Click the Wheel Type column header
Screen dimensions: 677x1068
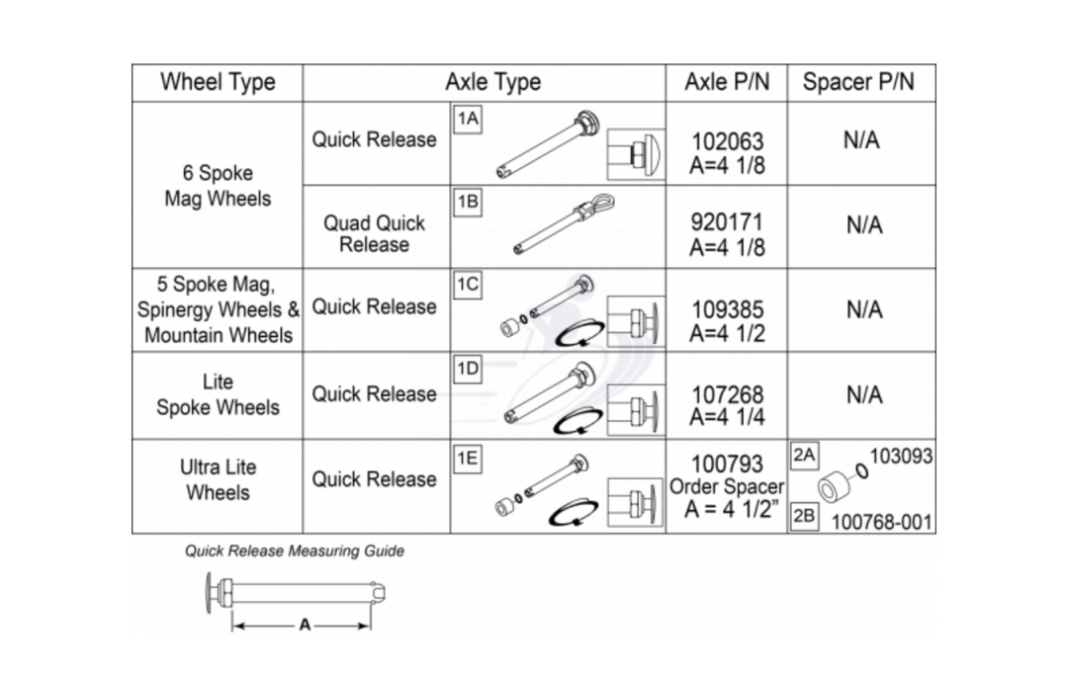click(218, 82)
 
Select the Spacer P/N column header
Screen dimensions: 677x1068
click(858, 82)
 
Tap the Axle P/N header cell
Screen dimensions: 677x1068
click(726, 82)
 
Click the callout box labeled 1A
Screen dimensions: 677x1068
click(467, 119)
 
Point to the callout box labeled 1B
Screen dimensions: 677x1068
click(467, 202)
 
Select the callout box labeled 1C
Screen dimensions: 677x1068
click(467, 285)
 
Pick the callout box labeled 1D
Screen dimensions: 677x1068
click(467, 370)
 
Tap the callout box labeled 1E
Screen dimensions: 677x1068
click(467, 457)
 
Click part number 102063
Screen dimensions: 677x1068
click(727, 142)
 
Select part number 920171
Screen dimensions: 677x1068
click(727, 222)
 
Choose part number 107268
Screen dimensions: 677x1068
click(727, 395)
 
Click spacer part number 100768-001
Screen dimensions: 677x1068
click(881, 521)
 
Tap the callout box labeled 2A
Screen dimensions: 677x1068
click(804, 457)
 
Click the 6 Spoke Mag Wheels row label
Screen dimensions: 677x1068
click(218, 185)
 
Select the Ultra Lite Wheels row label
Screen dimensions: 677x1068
click(218, 479)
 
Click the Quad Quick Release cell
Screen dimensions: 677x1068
click(374, 233)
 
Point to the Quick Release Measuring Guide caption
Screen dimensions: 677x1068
click(295, 550)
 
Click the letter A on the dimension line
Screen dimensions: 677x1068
click(303, 625)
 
